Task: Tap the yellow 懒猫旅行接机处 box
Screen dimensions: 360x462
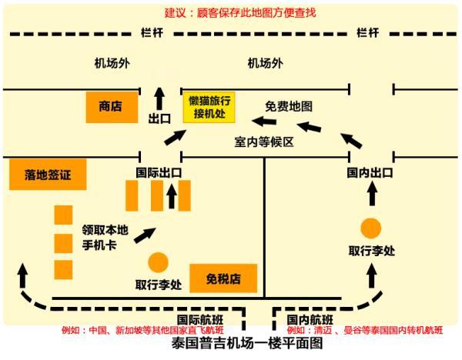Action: click(209, 108)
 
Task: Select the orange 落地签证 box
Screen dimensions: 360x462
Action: click(48, 175)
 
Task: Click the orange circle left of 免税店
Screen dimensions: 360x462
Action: click(159, 262)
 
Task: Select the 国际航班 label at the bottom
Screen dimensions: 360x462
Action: click(200, 319)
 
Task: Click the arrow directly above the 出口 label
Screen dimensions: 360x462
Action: click(159, 98)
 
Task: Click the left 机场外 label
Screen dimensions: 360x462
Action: click(111, 63)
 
